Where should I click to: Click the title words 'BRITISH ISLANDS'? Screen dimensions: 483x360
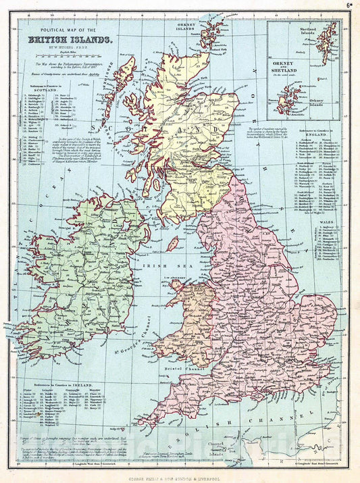coord(70,40)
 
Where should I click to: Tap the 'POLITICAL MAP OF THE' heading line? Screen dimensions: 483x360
coord(70,31)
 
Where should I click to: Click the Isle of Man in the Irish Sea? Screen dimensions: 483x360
coord(173,243)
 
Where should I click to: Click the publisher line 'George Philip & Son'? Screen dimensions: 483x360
coord(180,476)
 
